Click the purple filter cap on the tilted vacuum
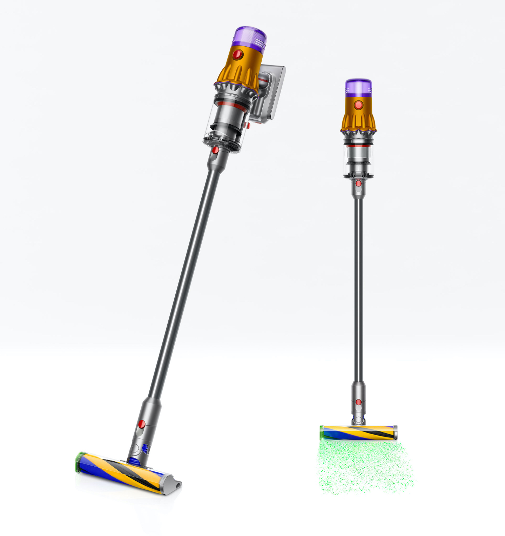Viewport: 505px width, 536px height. [x=250, y=37]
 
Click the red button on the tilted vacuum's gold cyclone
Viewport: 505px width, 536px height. [x=238, y=55]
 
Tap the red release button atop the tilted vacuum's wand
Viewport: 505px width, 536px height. [x=215, y=150]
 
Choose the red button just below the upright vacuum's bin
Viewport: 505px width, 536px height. [x=358, y=183]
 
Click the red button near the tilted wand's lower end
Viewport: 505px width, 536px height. [x=142, y=424]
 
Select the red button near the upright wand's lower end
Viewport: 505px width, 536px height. [x=358, y=402]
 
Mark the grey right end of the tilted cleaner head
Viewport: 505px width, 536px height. [x=172, y=484]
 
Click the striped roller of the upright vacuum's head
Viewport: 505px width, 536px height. [x=358, y=433]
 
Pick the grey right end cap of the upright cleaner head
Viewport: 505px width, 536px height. [x=395, y=433]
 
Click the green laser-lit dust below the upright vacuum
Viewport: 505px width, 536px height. [x=365, y=467]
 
